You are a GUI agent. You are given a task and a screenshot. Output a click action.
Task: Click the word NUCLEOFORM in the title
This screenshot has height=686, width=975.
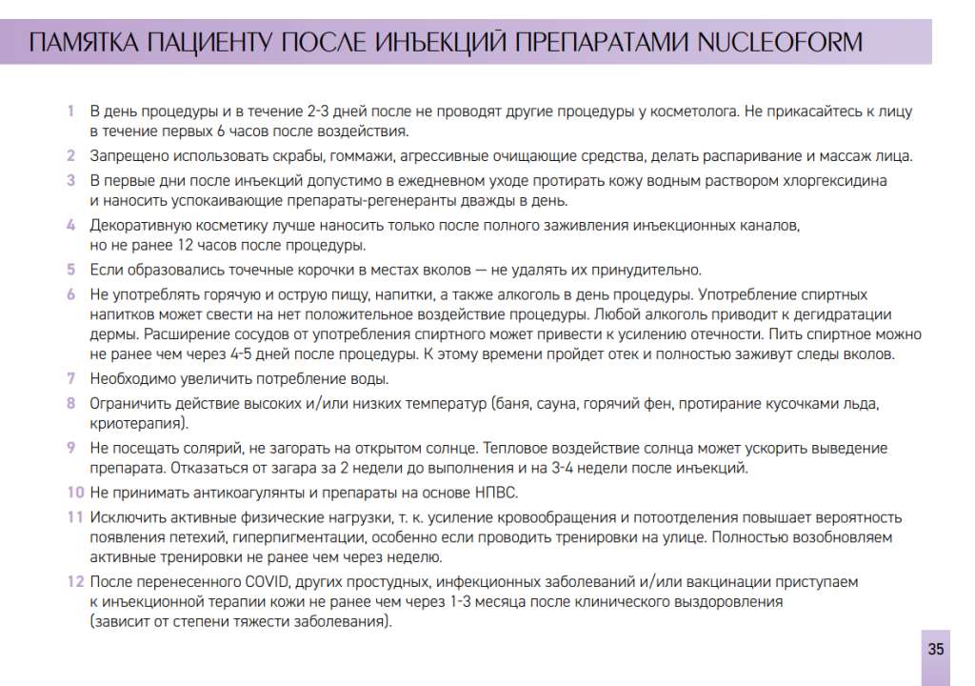780,43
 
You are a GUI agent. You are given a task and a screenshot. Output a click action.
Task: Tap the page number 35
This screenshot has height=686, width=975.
936,650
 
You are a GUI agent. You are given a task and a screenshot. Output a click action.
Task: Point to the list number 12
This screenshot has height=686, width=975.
75,580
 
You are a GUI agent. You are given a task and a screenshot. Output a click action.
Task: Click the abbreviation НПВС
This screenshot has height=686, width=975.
496,493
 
